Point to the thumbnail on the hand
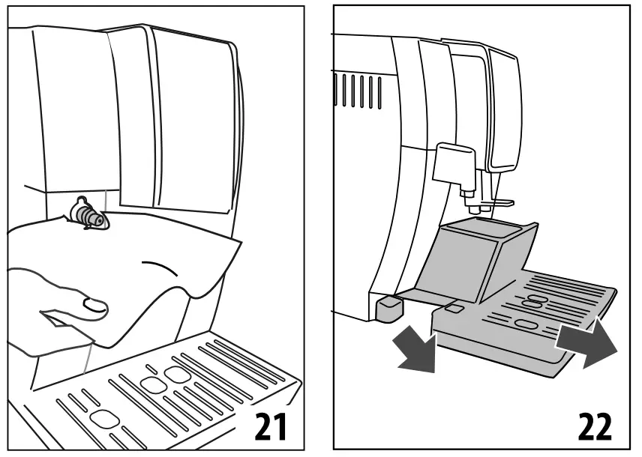(94, 304)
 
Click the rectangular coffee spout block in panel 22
(454, 160)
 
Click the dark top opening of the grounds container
(484, 225)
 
